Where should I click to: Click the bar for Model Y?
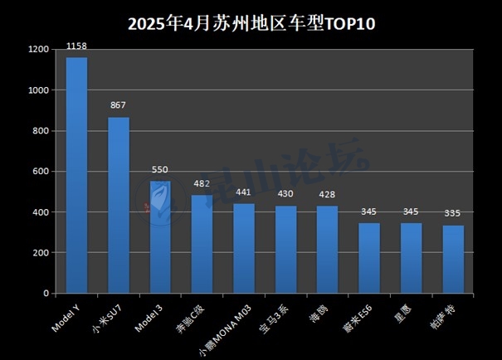click(x=77, y=175)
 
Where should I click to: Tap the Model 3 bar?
click(x=160, y=237)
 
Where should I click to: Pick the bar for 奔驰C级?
click(x=202, y=244)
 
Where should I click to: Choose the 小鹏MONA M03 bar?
click(x=244, y=248)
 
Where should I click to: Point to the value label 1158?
click(x=77, y=46)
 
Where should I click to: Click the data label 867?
click(x=119, y=105)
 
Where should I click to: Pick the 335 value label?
click(x=453, y=213)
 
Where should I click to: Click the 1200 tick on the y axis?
click(x=39, y=50)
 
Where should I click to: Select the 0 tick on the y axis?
click(x=47, y=294)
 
